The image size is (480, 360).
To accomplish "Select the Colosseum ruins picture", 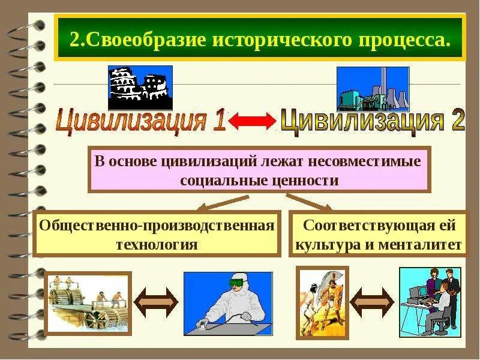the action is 140,88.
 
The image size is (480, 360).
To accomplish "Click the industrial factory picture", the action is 373,88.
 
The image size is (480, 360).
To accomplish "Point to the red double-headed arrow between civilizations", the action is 252,121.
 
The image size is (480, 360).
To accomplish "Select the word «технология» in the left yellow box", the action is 157,244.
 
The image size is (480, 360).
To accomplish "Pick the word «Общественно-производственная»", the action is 157,226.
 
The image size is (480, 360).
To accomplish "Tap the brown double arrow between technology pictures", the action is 156,302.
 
